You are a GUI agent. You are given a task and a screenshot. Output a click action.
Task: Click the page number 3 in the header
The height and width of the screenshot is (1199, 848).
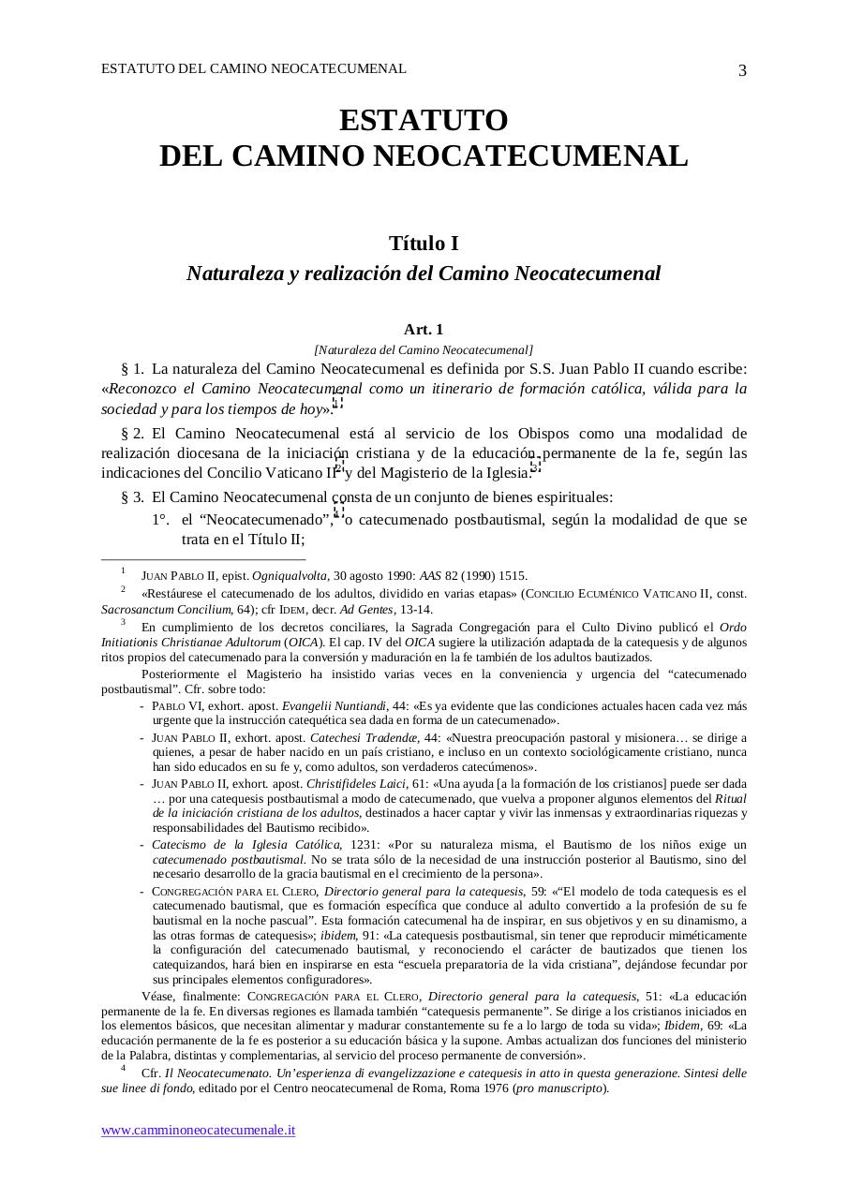pyautogui.click(x=742, y=71)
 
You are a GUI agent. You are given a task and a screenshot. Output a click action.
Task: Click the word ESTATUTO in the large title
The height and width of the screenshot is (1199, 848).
pyautogui.click(x=424, y=121)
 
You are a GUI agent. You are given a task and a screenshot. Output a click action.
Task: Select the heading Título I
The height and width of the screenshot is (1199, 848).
pyautogui.click(x=424, y=244)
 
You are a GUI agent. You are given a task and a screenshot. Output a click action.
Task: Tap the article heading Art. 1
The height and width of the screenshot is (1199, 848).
pyautogui.click(x=424, y=330)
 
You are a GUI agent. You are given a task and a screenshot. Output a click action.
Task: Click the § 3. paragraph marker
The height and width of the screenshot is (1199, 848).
pyautogui.click(x=132, y=497)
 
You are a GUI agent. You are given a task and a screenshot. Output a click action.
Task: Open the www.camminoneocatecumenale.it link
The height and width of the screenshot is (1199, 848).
pyautogui.click(x=199, y=1130)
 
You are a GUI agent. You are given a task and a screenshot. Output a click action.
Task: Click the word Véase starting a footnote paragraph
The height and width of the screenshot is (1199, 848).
pyautogui.click(x=160, y=997)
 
